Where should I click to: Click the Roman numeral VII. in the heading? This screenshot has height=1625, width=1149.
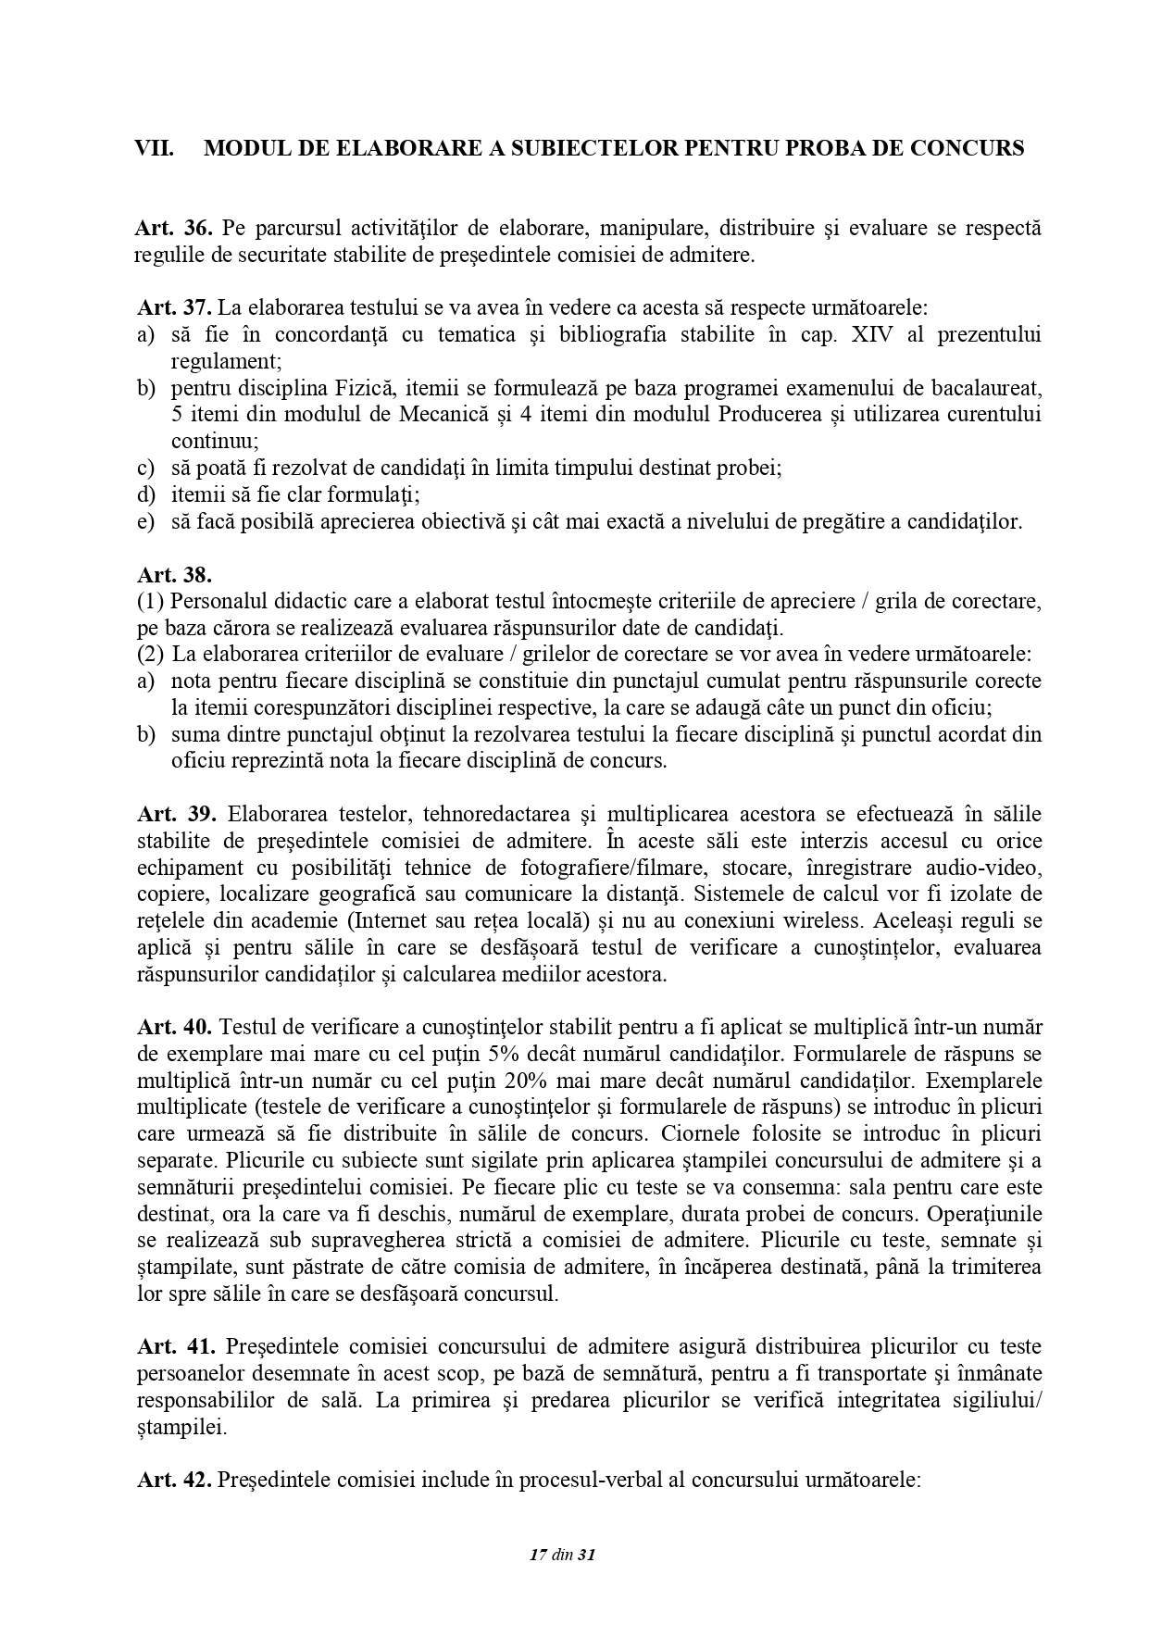point(155,148)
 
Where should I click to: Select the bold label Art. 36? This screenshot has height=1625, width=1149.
point(174,229)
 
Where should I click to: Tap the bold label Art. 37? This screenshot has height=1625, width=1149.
point(174,307)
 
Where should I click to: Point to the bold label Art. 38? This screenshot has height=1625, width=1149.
point(174,575)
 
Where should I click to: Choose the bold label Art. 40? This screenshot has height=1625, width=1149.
point(174,1027)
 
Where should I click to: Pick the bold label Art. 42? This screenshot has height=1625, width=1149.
point(174,1481)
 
